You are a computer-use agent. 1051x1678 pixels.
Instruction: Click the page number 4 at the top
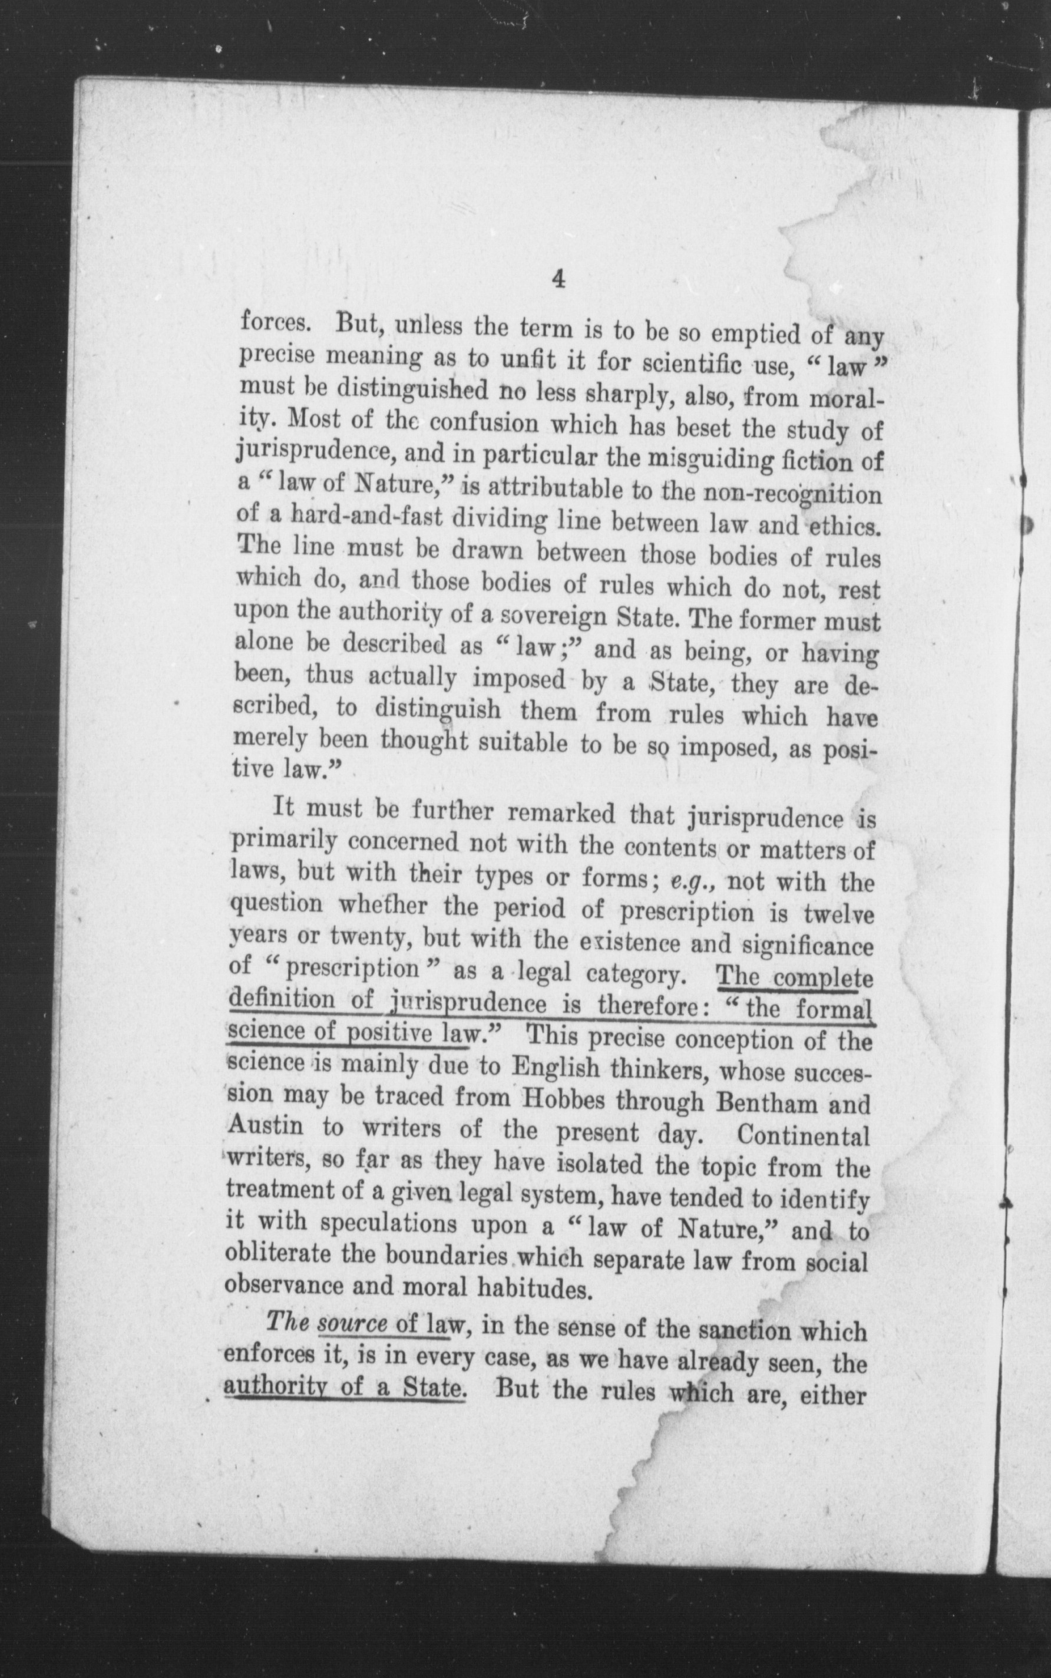557,279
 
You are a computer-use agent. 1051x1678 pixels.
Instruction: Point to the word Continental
803,1136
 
